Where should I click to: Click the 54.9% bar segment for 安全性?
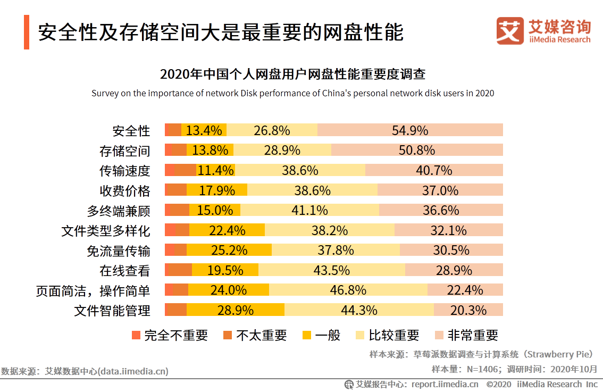pyautogui.click(x=410, y=130)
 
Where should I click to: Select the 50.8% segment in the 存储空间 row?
pyautogui.click(x=417, y=150)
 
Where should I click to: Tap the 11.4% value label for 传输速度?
pyautogui.click(x=215, y=170)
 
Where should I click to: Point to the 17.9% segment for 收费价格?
pyautogui.click(x=217, y=190)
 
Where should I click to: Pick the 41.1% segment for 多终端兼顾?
pyautogui.click(x=309, y=210)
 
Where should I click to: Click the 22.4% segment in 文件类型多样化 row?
pyautogui.click(x=227, y=230)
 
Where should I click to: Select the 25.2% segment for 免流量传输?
pyautogui.click(x=230, y=250)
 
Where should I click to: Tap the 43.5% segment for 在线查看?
pyautogui.click(x=332, y=270)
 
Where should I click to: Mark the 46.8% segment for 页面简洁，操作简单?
pyautogui.click(x=348, y=290)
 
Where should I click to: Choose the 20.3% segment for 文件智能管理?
pyautogui.click(x=468, y=310)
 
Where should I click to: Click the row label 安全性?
pyautogui.click(x=131, y=131)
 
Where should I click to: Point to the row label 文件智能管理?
pyautogui.click(x=112, y=311)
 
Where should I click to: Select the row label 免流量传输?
pyautogui.click(x=119, y=251)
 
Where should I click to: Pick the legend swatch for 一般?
pyautogui.click(x=306, y=335)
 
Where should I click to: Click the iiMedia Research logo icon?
pyautogui.click(x=510, y=30)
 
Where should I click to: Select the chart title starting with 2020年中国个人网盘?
pyautogui.click(x=292, y=73)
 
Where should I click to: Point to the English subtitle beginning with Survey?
pyautogui.click(x=292, y=94)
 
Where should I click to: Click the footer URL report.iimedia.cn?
pyautogui.click(x=445, y=384)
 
